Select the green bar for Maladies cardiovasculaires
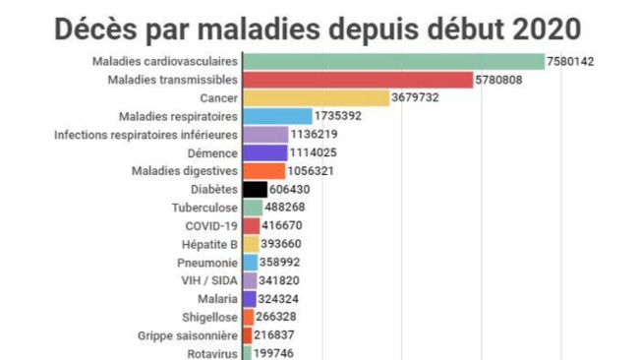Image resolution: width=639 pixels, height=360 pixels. [392, 62]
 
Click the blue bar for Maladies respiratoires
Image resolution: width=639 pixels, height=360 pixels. [276, 116]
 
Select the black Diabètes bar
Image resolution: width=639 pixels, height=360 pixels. [254, 190]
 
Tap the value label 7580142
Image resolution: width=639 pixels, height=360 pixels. [571, 62]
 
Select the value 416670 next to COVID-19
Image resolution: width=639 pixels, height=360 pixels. [285, 226]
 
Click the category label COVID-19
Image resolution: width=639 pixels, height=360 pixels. [210, 226]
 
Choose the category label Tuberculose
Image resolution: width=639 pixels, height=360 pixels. [203, 208]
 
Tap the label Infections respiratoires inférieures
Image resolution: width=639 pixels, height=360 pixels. [145, 135]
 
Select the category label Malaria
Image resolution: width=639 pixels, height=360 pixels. [216, 299]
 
